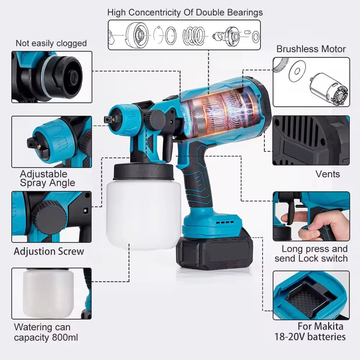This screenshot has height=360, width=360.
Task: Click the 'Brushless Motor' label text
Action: pyautogui.click(x=311, y=49)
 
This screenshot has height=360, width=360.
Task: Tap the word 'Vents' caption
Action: pyautogui.click(x=327, y=174)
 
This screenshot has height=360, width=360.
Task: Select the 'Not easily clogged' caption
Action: pyautogui.click(x=51, y=43)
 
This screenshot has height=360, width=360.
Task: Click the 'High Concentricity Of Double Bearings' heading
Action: pyautogui.click(x=185, y=12)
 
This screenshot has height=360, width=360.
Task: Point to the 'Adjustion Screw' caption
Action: pyautogui.click(x=49, y=251)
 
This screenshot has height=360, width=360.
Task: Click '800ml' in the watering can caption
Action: pyautogui.click(x=65, y=337)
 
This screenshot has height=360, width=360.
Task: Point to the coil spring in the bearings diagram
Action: pyautogui.click(x=194, y=36)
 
